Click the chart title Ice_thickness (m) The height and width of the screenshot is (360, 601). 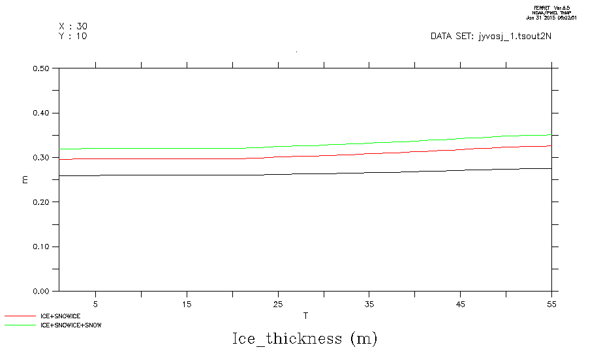305,339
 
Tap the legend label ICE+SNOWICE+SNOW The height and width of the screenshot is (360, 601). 71,325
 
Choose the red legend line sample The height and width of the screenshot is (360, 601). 20,316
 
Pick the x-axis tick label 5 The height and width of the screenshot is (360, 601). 96,304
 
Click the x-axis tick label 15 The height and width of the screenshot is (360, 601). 187,304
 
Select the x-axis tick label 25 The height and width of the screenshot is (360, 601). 279,304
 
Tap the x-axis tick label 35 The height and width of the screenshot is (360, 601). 370,304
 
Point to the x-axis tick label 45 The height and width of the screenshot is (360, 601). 461,304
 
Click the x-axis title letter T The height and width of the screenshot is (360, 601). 305,316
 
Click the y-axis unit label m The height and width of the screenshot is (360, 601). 25,179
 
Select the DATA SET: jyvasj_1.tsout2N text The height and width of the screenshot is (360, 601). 491,37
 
